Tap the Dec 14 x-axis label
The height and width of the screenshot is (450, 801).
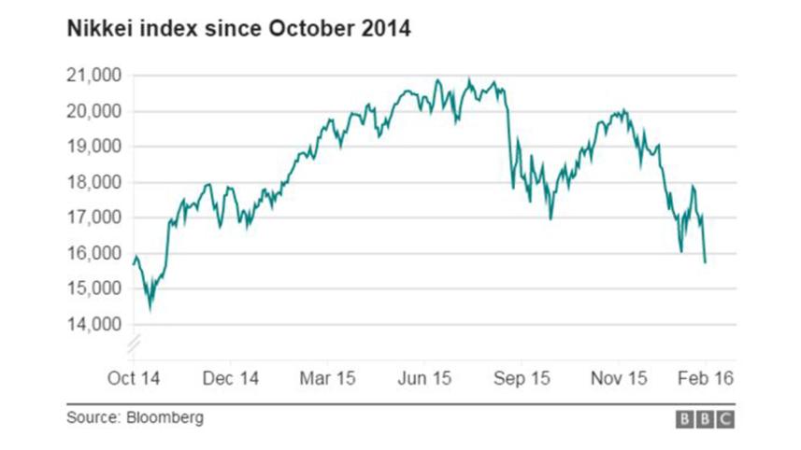click(230, 379)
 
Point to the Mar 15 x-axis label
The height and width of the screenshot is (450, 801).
click(327, 379)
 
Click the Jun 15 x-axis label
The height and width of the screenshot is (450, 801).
click(425, 379)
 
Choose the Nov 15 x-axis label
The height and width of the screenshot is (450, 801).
click(619, 379)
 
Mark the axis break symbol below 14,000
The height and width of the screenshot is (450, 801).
click(133, 344)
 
